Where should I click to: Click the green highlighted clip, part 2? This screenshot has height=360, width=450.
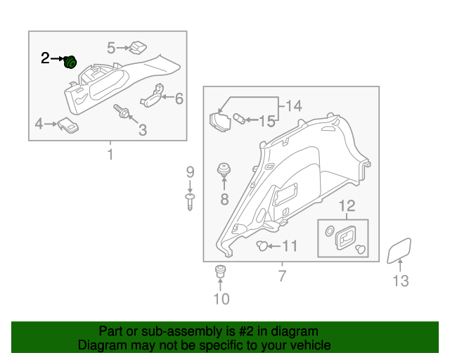point(70,62)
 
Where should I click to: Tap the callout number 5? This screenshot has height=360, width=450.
point(111,48)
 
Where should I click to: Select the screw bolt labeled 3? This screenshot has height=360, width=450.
point(122,111)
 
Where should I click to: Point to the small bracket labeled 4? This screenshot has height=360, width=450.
point(68,125)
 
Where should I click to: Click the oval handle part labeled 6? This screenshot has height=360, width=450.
point(152,97)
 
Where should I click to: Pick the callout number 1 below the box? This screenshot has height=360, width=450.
point(110,154)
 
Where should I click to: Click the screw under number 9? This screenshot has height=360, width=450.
point(190,202)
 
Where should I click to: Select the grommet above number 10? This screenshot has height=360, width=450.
point(220,271)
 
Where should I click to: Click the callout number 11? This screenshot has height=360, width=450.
point(290,246)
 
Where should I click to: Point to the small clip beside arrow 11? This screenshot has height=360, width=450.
point(262,245)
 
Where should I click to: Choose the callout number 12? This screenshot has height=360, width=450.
point(347,206)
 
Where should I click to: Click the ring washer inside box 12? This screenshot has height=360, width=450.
point(330,231)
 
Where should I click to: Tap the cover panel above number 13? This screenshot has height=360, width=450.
point(399,251)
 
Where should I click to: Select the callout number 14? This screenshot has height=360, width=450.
point(294,106)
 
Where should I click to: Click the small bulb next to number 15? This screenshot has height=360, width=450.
point(239,119)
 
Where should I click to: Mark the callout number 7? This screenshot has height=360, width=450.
point(283,276)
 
